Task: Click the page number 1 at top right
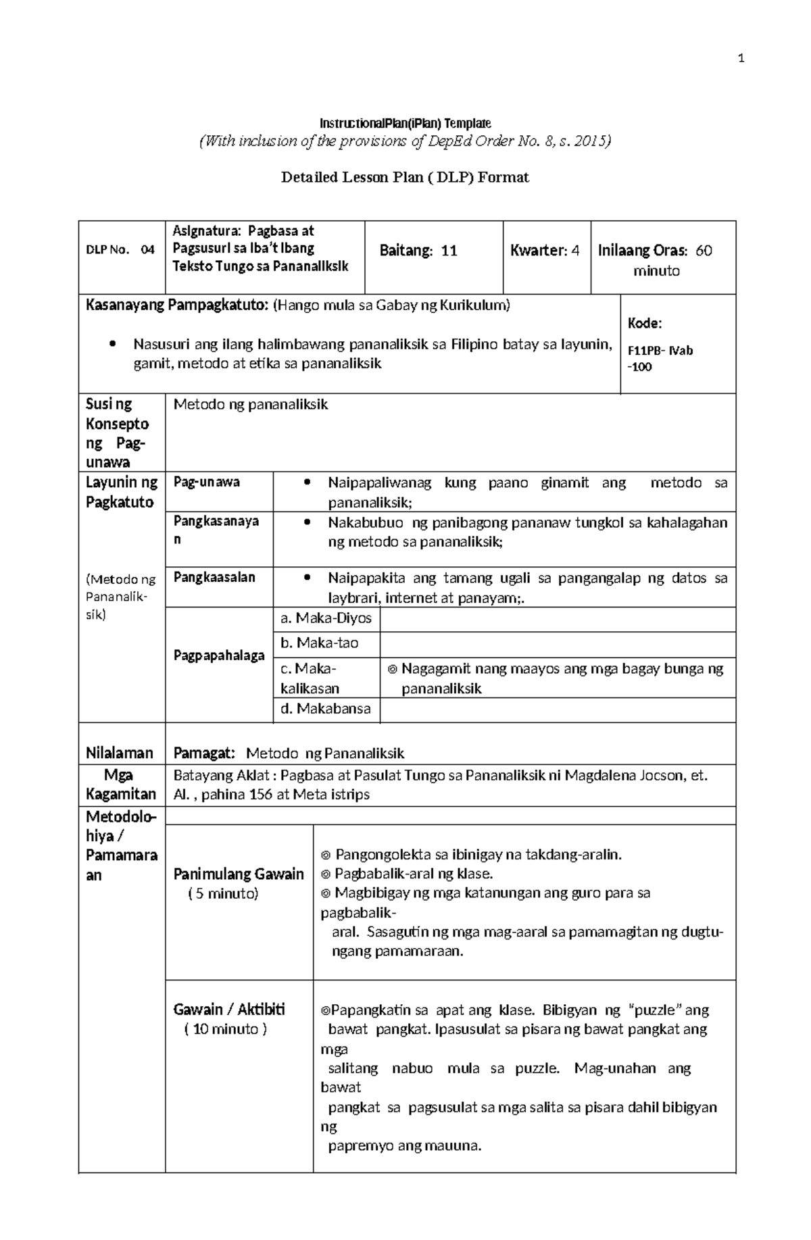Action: [741, 59]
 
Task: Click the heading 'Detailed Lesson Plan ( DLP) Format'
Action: [405, 177]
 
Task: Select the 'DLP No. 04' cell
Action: [120, 250]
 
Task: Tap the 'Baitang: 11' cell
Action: [418, 251]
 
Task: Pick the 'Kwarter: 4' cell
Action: [545, 251]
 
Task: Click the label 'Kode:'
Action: [644, 323]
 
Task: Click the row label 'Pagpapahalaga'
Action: [219, 655]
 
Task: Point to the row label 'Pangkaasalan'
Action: [214, 577]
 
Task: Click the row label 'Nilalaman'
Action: [120, 753]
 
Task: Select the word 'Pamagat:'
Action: [204, 753]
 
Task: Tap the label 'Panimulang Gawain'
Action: [239, 874]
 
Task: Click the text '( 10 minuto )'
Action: [225, 1029]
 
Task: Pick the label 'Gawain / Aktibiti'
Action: [229, 1010]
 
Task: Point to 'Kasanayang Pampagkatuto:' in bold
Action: [177, 305]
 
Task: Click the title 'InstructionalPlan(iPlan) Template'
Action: [405, 123]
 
